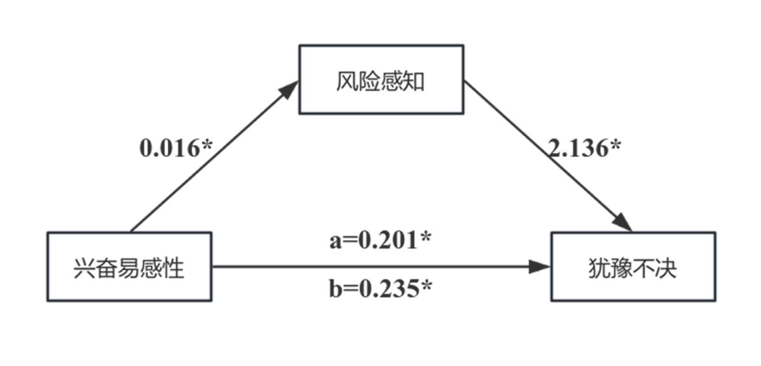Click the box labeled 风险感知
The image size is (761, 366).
(381, 79)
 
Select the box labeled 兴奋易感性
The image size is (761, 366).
(129, 267)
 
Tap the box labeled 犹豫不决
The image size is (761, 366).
(633, 267)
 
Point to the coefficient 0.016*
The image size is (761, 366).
(176, 148)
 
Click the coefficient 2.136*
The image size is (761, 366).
(584, 148)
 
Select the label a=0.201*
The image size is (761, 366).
(380, 240)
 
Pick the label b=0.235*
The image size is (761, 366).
(380, 289)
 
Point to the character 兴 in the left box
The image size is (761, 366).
(84, 269)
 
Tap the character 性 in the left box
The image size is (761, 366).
(174, 269)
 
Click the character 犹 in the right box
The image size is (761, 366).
(599, 269)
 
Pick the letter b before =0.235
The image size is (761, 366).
(336, 289)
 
